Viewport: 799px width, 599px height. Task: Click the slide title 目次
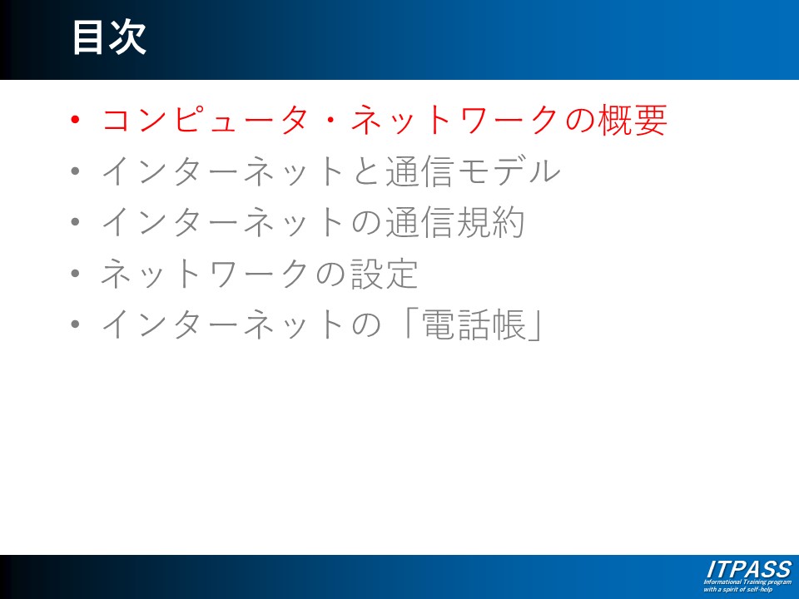109,37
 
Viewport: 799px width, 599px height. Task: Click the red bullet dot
76,120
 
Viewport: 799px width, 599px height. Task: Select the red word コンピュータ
205,120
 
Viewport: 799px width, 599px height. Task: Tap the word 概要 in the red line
632,120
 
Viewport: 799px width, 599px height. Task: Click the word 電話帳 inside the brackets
474,324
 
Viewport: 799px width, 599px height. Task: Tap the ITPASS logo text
749,569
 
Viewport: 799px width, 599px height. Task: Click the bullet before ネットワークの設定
76,274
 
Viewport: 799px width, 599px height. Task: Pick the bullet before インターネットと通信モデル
76,171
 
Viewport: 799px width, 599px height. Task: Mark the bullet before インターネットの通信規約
76,222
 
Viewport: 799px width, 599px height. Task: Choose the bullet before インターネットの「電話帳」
76,324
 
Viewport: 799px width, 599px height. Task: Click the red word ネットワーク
455,120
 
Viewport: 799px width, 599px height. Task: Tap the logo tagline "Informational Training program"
747,582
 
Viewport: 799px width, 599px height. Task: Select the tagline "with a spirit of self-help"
738,589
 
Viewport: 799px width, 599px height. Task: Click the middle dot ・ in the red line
330,121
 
